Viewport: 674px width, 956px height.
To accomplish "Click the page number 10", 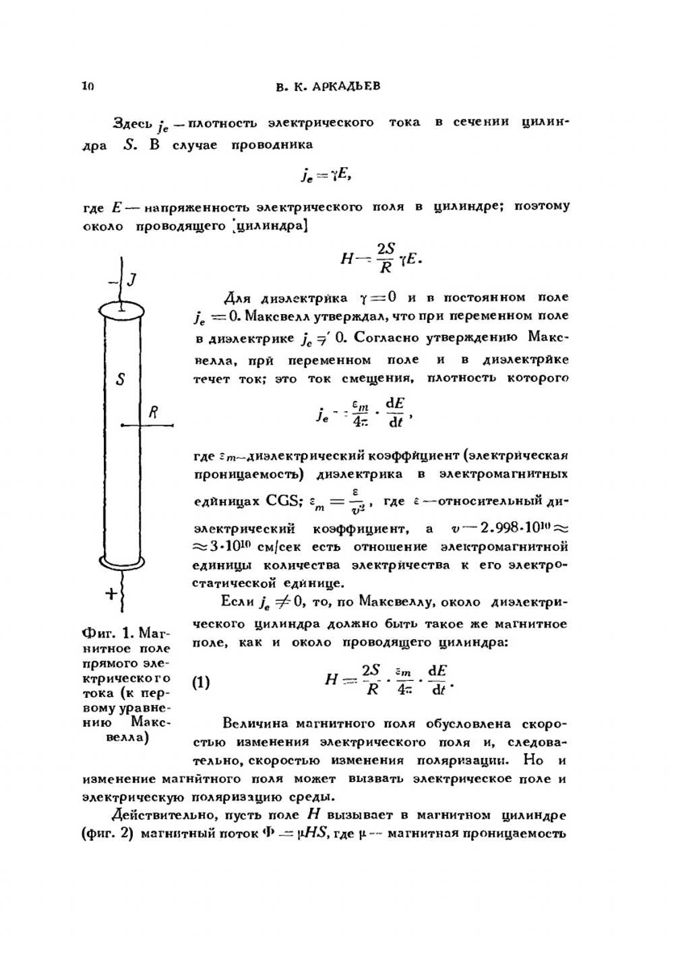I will click(88, 86).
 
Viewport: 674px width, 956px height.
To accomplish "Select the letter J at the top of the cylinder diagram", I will click(132, 279).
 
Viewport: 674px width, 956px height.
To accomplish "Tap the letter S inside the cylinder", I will click(120, 380).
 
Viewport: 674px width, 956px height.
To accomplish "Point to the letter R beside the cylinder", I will click(153, 413).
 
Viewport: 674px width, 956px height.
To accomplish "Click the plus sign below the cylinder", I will click(111, 593).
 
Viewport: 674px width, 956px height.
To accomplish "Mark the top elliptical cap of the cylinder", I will click(122, 310).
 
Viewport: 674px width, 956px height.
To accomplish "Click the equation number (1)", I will click(201, 682).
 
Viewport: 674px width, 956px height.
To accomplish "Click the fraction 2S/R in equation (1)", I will click(371, 680).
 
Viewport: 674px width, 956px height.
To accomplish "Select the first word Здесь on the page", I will click(133, 123).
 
